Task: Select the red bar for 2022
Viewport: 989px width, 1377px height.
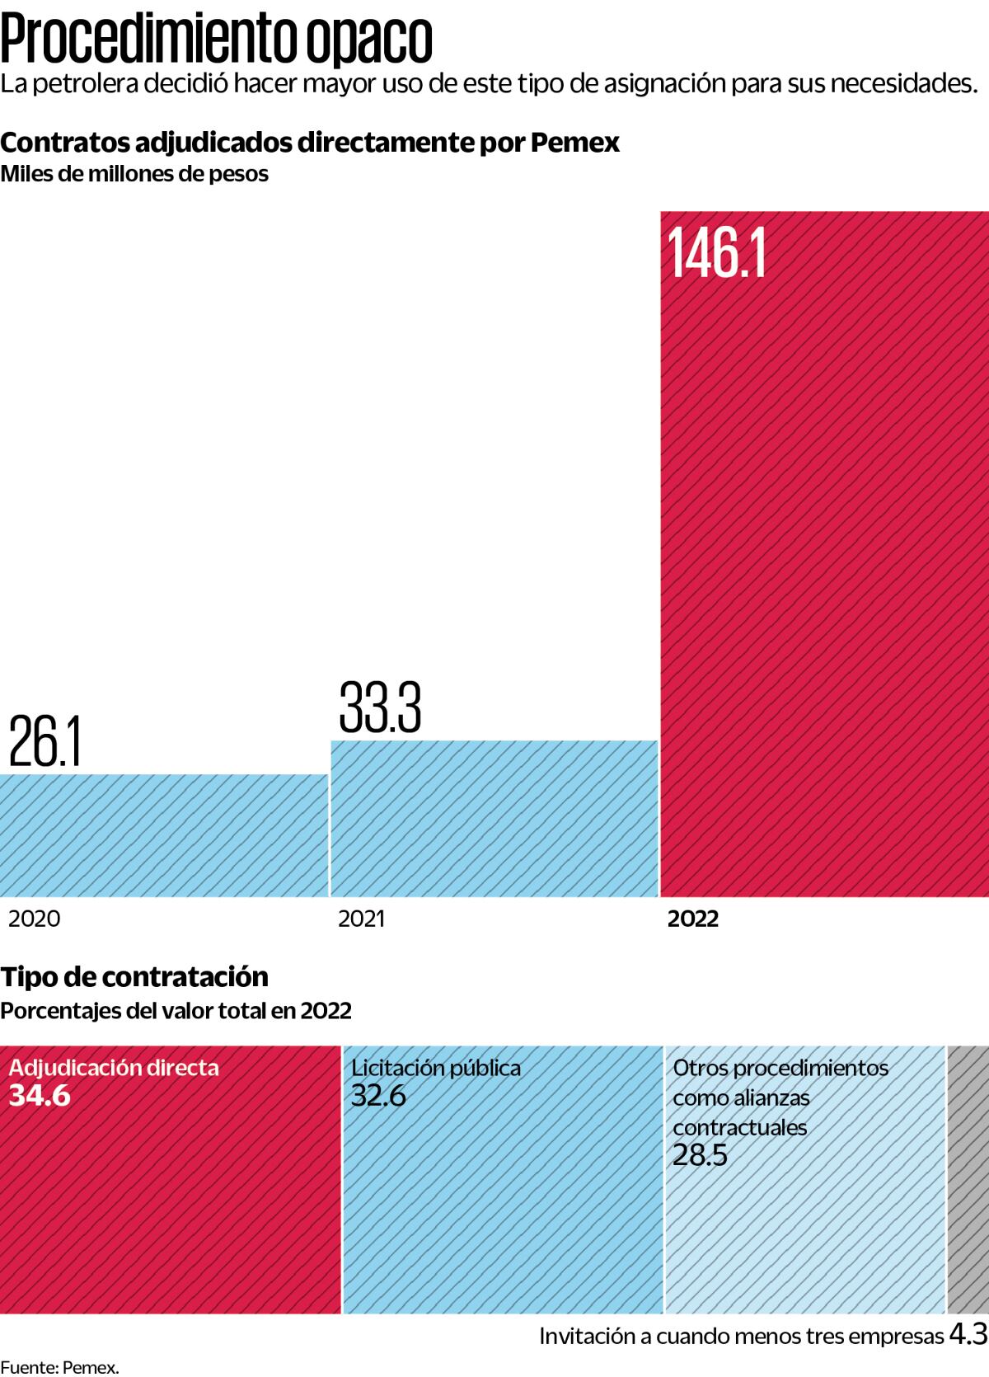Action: click(824, 577)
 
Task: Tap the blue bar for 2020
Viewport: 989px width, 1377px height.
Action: click(163, 834)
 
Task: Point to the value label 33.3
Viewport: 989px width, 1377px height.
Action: click(380, 707)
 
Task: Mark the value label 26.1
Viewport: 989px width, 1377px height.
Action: click(45, 742)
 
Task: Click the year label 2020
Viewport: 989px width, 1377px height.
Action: click(34, 919)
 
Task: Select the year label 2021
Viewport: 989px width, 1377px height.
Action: click(361, 919)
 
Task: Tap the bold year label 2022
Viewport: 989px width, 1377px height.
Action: click(693, 919)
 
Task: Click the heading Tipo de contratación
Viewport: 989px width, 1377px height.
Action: click(134, 976)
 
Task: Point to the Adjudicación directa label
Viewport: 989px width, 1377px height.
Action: click(114, 1068)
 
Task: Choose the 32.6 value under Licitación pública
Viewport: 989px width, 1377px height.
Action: click(378, 1096)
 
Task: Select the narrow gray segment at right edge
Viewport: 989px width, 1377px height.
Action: click(968, 1179)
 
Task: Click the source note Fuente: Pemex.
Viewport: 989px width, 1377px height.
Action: click(59, 1367)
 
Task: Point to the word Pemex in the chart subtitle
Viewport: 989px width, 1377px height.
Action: click(574, 143)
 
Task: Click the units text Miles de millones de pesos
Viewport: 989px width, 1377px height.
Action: click(134, 175)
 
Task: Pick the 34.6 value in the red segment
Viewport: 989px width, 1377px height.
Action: click(40, 1096)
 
